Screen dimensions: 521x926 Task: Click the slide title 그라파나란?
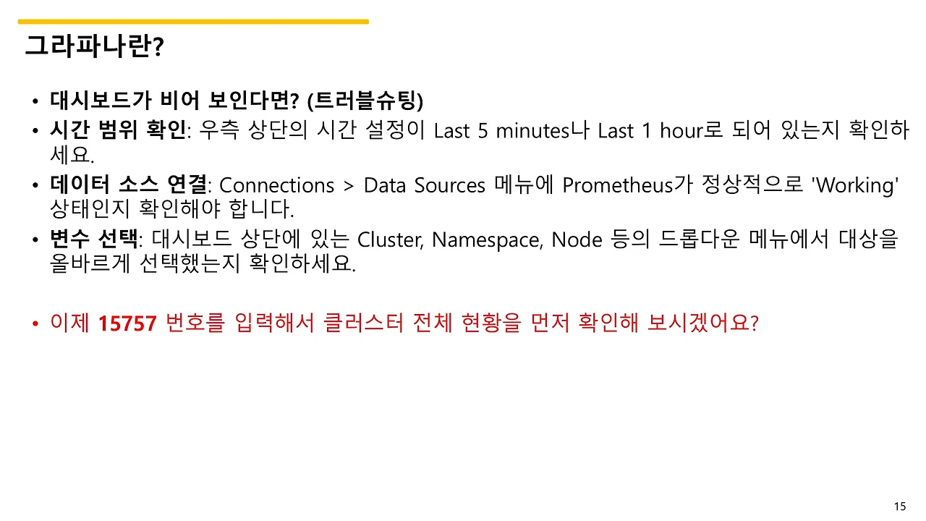pos(95,46)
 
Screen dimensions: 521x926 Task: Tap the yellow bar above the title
pos(193,22)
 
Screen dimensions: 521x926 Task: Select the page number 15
pos(900,507)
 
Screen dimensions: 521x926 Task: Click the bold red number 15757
pos(127,323)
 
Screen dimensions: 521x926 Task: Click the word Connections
pos(276,185)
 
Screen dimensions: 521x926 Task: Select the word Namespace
pos(486,240)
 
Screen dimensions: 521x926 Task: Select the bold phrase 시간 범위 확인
pos(118,131)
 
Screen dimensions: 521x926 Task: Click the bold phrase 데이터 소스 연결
pos(128,185)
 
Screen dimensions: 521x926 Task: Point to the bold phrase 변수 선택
pos(93,240)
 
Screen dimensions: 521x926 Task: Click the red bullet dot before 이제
pos(35,324)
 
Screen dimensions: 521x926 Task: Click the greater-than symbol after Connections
pos(349,186)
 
